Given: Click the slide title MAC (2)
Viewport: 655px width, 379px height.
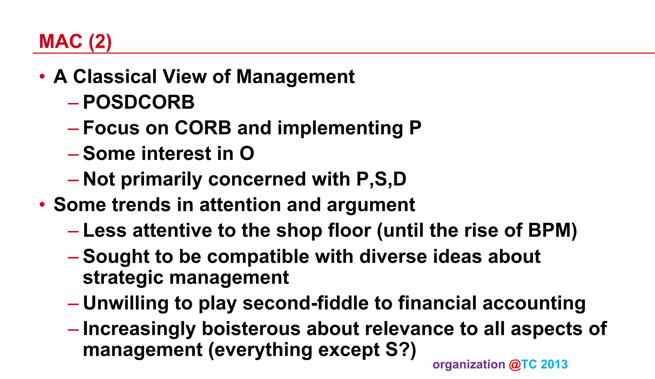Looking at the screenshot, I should [75, 41].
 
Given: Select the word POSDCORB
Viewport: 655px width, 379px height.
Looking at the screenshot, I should [138, 102].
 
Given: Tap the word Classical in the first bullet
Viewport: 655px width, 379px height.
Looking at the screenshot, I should [115, 77].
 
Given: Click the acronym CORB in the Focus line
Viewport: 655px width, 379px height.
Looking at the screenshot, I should [203, 128].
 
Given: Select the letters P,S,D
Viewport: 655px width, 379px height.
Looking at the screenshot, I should [381, 179].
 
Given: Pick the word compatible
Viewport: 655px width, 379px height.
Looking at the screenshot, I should [258, 257].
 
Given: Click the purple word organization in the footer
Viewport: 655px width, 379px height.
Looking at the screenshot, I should [469, 365].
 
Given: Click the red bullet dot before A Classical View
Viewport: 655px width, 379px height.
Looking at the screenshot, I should [42, 77].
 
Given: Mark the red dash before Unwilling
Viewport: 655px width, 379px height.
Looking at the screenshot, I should [73, 303].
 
